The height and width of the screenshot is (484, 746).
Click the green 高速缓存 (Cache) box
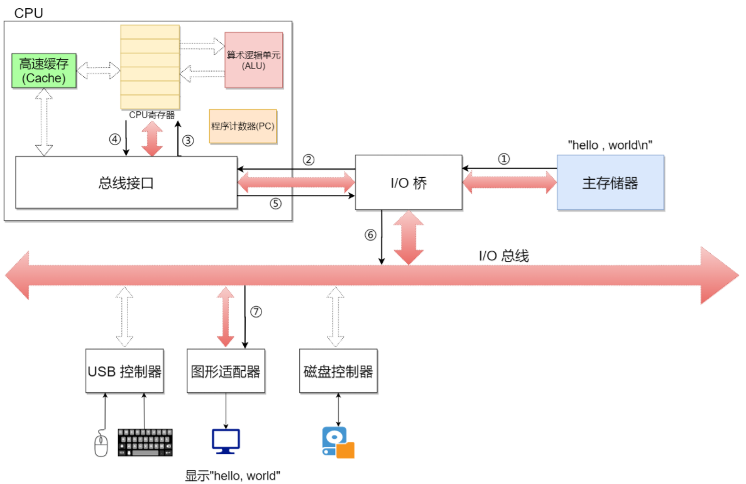(43, 70)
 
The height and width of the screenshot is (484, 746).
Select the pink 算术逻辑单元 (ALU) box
(254, 60)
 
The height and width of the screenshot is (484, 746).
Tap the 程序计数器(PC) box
(243, 126)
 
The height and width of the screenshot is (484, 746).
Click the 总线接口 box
(126, 182)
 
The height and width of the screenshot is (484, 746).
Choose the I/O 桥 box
(409, 182)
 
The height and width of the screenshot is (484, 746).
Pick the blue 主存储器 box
(610, 182)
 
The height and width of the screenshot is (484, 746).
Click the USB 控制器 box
(124, 371)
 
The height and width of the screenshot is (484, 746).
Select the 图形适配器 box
(225, 371)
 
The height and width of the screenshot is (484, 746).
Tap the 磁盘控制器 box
(338, 371)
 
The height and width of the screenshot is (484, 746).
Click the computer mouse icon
(101, 444)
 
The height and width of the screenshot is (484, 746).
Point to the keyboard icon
(145, 443)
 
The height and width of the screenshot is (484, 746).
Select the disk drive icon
(337, 443)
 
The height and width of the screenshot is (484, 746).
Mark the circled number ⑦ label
(255, 312)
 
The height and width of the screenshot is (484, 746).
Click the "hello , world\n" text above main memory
(610, 145)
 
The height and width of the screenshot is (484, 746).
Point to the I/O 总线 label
(503, 256)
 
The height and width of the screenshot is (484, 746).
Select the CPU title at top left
(29, 13)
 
